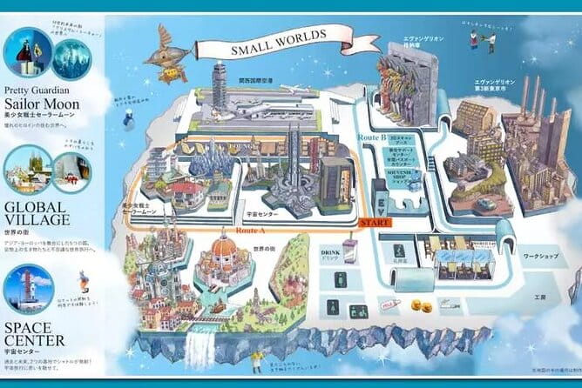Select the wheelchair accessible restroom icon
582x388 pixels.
click(x=332, y=306)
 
